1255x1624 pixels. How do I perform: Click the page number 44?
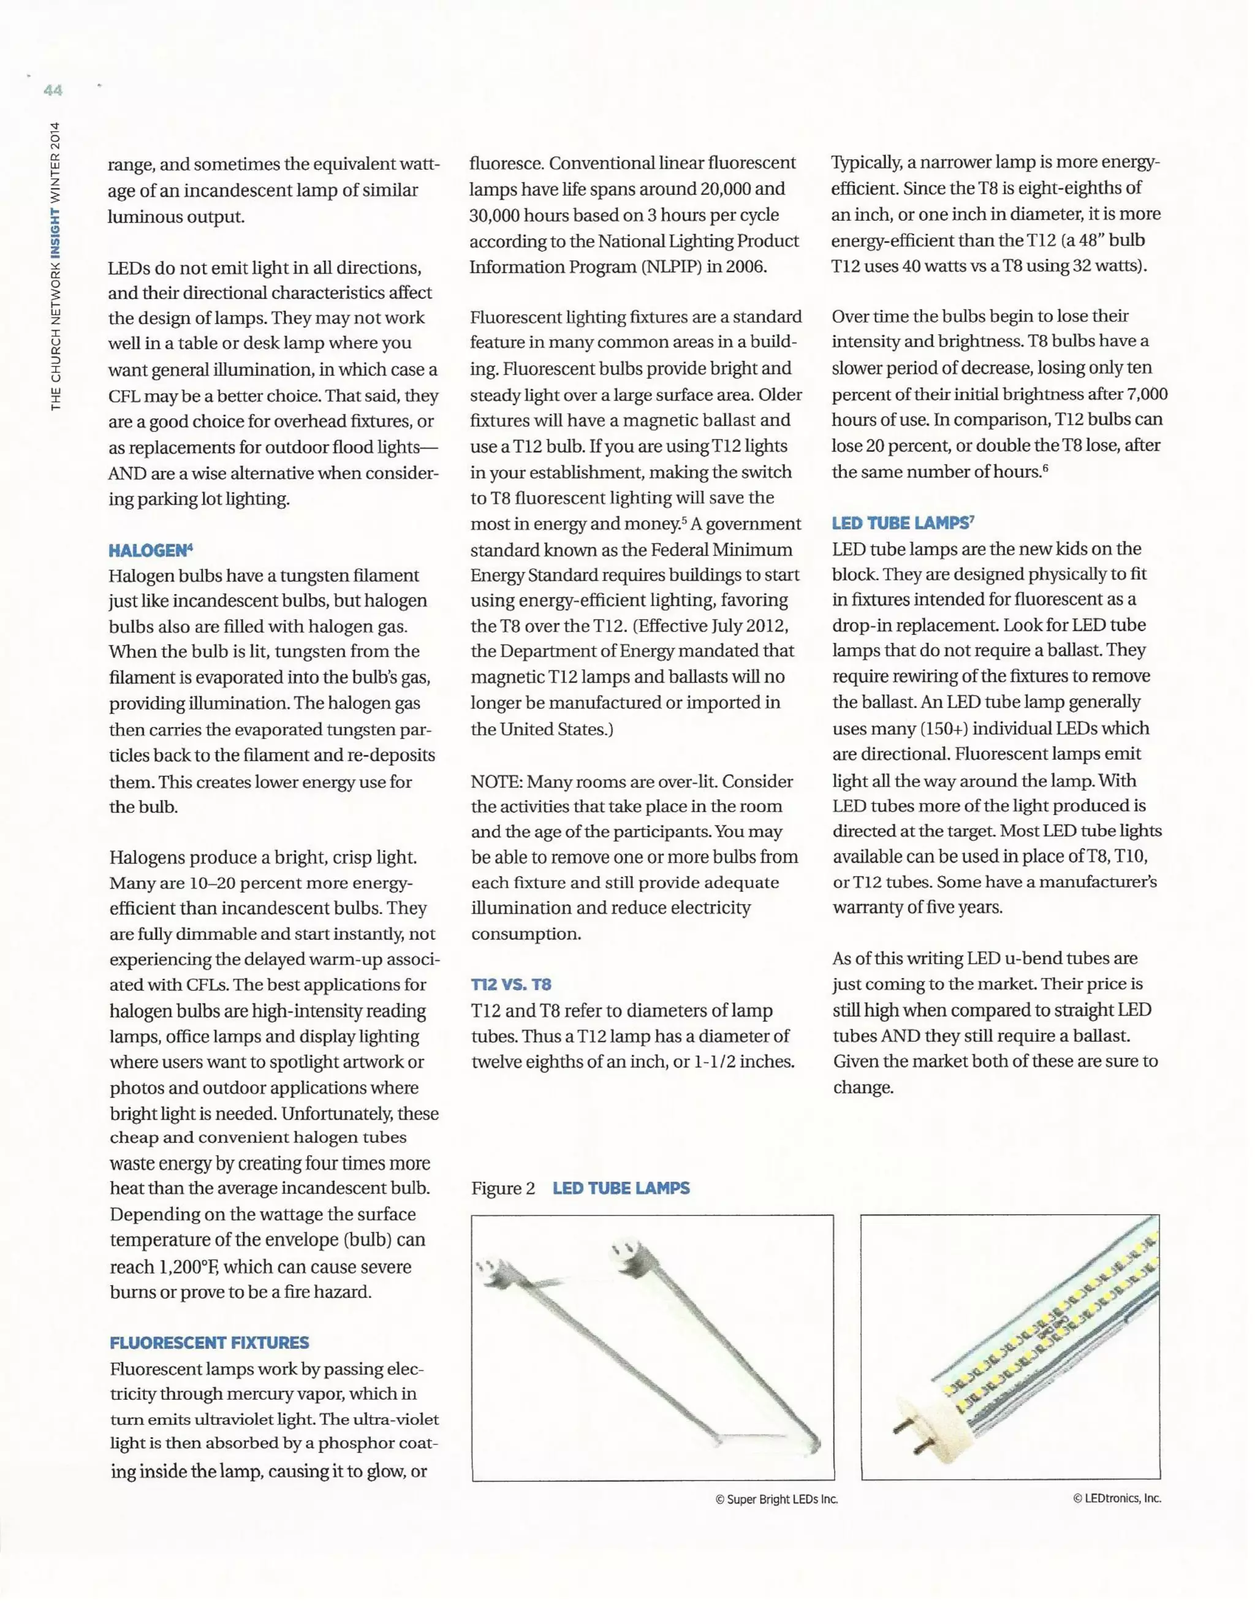pos(53,90)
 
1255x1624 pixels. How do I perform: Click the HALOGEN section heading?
pos(150,550)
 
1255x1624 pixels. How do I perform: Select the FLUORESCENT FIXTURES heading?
pos(209,1342)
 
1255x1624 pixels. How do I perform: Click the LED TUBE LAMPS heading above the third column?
pos(903,523)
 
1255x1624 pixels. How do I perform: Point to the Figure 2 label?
pos(502,1188)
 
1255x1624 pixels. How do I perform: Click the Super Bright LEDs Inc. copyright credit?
pos(776,1499)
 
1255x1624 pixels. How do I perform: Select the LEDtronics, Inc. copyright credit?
pos(1117,1498)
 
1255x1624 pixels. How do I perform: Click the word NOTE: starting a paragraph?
pos(496,781)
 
